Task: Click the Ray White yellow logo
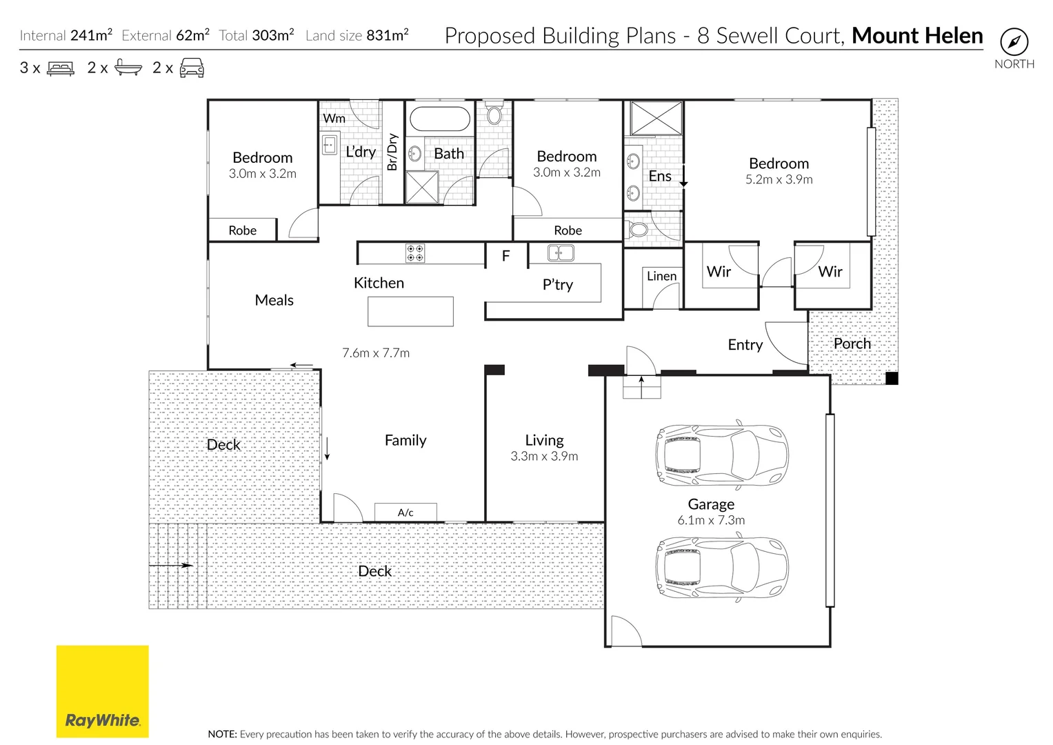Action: [103, 691]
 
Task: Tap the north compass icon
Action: [1014, 42]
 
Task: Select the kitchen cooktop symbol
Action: [415, 252]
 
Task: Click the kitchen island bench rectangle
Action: [410, 311]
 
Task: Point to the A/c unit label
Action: [405, 513]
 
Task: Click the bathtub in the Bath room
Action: [440, 119]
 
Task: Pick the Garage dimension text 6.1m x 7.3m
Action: [711, 520]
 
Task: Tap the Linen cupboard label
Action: [661, 276]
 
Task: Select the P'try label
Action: [557, 284]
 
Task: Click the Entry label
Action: [745, 345]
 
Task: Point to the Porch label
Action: [852, 344]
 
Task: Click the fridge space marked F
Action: [506, 255]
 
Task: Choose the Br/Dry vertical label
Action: [392, 152]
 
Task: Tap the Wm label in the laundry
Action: [334, 119]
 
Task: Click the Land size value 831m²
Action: [388, 35]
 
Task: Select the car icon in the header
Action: [192, 68]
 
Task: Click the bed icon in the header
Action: [61, 68]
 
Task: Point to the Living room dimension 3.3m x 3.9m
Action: [544, 456]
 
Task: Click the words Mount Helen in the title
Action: [917, 35]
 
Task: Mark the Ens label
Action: [659, 176]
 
